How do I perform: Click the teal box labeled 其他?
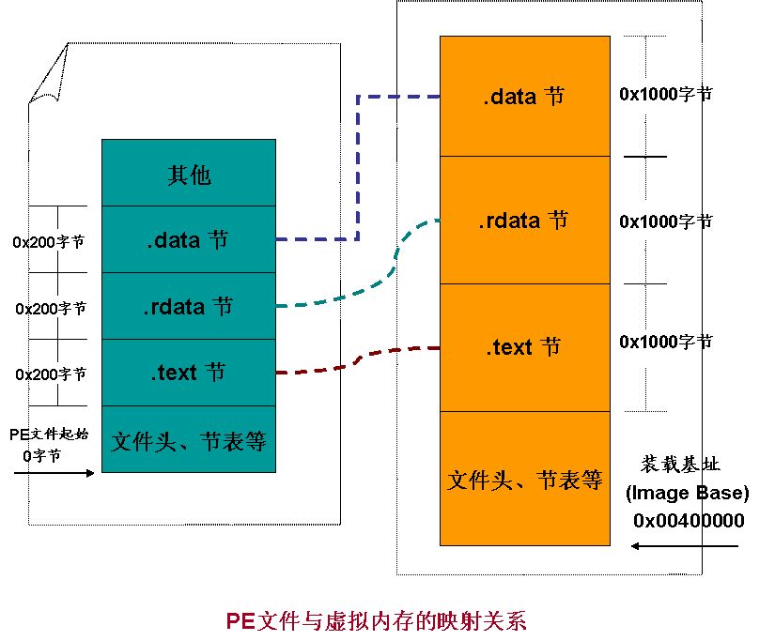click(189, 174)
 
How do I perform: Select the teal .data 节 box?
click(189, 240)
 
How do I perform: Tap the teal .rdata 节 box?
click(189, 307)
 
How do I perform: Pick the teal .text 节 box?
click(189, 373)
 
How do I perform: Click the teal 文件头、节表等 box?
click(189, 439)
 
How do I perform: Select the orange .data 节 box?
click(524, 96)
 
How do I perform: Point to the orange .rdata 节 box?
click(524, 221)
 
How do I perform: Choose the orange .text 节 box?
click(524, 347)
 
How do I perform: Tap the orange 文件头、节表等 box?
click(524, 479)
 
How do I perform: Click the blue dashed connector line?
click(358, 169)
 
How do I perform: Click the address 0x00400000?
click(689, 521)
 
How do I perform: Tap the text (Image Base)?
click(688, 493)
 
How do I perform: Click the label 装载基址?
click(680, 464)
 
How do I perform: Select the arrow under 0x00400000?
click(686, 546)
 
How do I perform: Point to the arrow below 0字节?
click(54, 473)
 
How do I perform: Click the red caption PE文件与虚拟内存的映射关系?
click(377, 620)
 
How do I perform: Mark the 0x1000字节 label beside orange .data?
click(665, 94)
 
